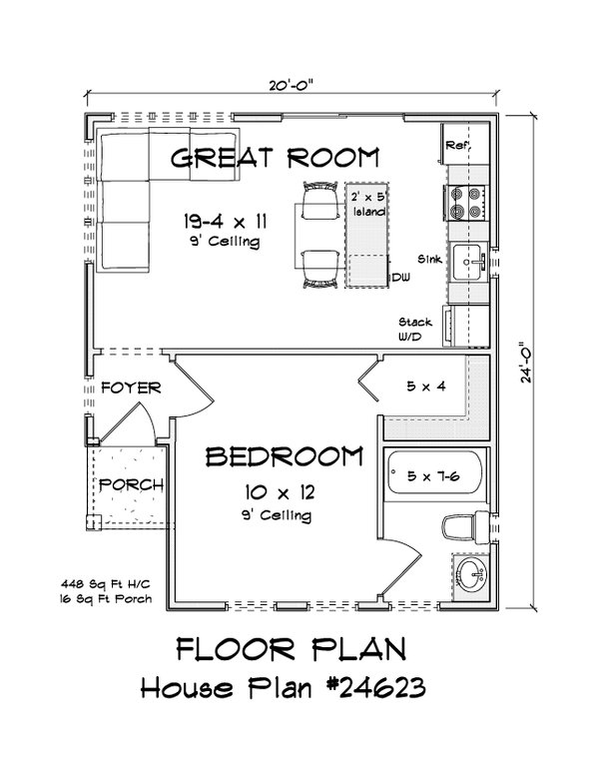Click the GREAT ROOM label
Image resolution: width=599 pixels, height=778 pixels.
coord(275,157)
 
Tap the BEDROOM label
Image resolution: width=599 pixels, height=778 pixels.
coord(284,457)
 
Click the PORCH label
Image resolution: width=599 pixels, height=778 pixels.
coord(130,484)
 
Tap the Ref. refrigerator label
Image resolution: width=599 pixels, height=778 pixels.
coord(457,146)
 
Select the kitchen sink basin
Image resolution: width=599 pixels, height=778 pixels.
coord(466,263)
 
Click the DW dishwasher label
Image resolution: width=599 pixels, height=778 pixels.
coord(400,278)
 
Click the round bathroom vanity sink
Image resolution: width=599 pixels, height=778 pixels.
coord(470,573)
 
